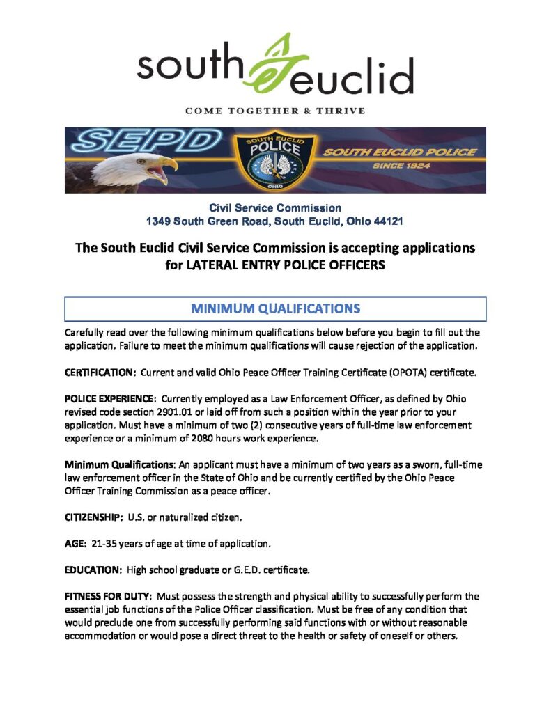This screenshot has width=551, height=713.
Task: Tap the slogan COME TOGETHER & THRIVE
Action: [x=275, y=111]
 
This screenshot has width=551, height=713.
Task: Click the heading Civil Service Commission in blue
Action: [x=275, y=207]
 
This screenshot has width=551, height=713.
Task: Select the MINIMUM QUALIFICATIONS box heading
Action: [x=275, y=308]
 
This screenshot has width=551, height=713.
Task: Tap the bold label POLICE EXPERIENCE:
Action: [x=111, y=399]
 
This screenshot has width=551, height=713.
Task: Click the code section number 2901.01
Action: [x=184, y=412]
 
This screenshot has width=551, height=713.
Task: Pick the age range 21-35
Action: [x=106, y=543]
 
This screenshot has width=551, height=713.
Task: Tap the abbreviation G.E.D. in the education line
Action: [x=235, y=570]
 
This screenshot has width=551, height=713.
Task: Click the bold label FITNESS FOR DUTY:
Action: [x=109, y=596]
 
